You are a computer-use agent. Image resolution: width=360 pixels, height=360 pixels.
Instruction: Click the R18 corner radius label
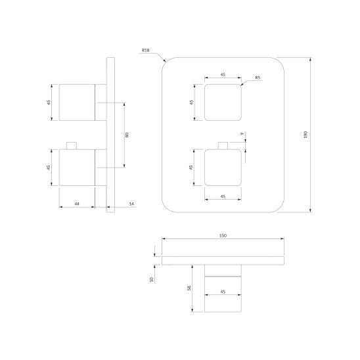tap(146, 51)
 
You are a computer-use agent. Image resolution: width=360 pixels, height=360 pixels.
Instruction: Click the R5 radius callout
tap(258, 78)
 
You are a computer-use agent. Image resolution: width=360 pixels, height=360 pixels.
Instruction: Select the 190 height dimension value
tap(305, 135)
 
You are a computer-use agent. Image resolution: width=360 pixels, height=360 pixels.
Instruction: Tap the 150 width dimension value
tap(223, 236)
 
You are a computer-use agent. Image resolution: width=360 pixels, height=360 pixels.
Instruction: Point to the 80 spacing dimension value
tap(127, 135)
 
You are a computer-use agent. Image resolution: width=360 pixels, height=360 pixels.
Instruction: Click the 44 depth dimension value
tap(77, 204)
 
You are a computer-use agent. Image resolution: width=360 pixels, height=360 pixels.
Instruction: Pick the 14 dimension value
tap(131, 204)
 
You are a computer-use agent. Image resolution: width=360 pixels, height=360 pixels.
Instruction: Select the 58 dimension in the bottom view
tap(189, 288)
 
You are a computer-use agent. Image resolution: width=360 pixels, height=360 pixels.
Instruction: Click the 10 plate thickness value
tap(151, 279)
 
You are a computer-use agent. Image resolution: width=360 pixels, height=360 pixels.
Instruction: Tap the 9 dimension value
tap(242, 133)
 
